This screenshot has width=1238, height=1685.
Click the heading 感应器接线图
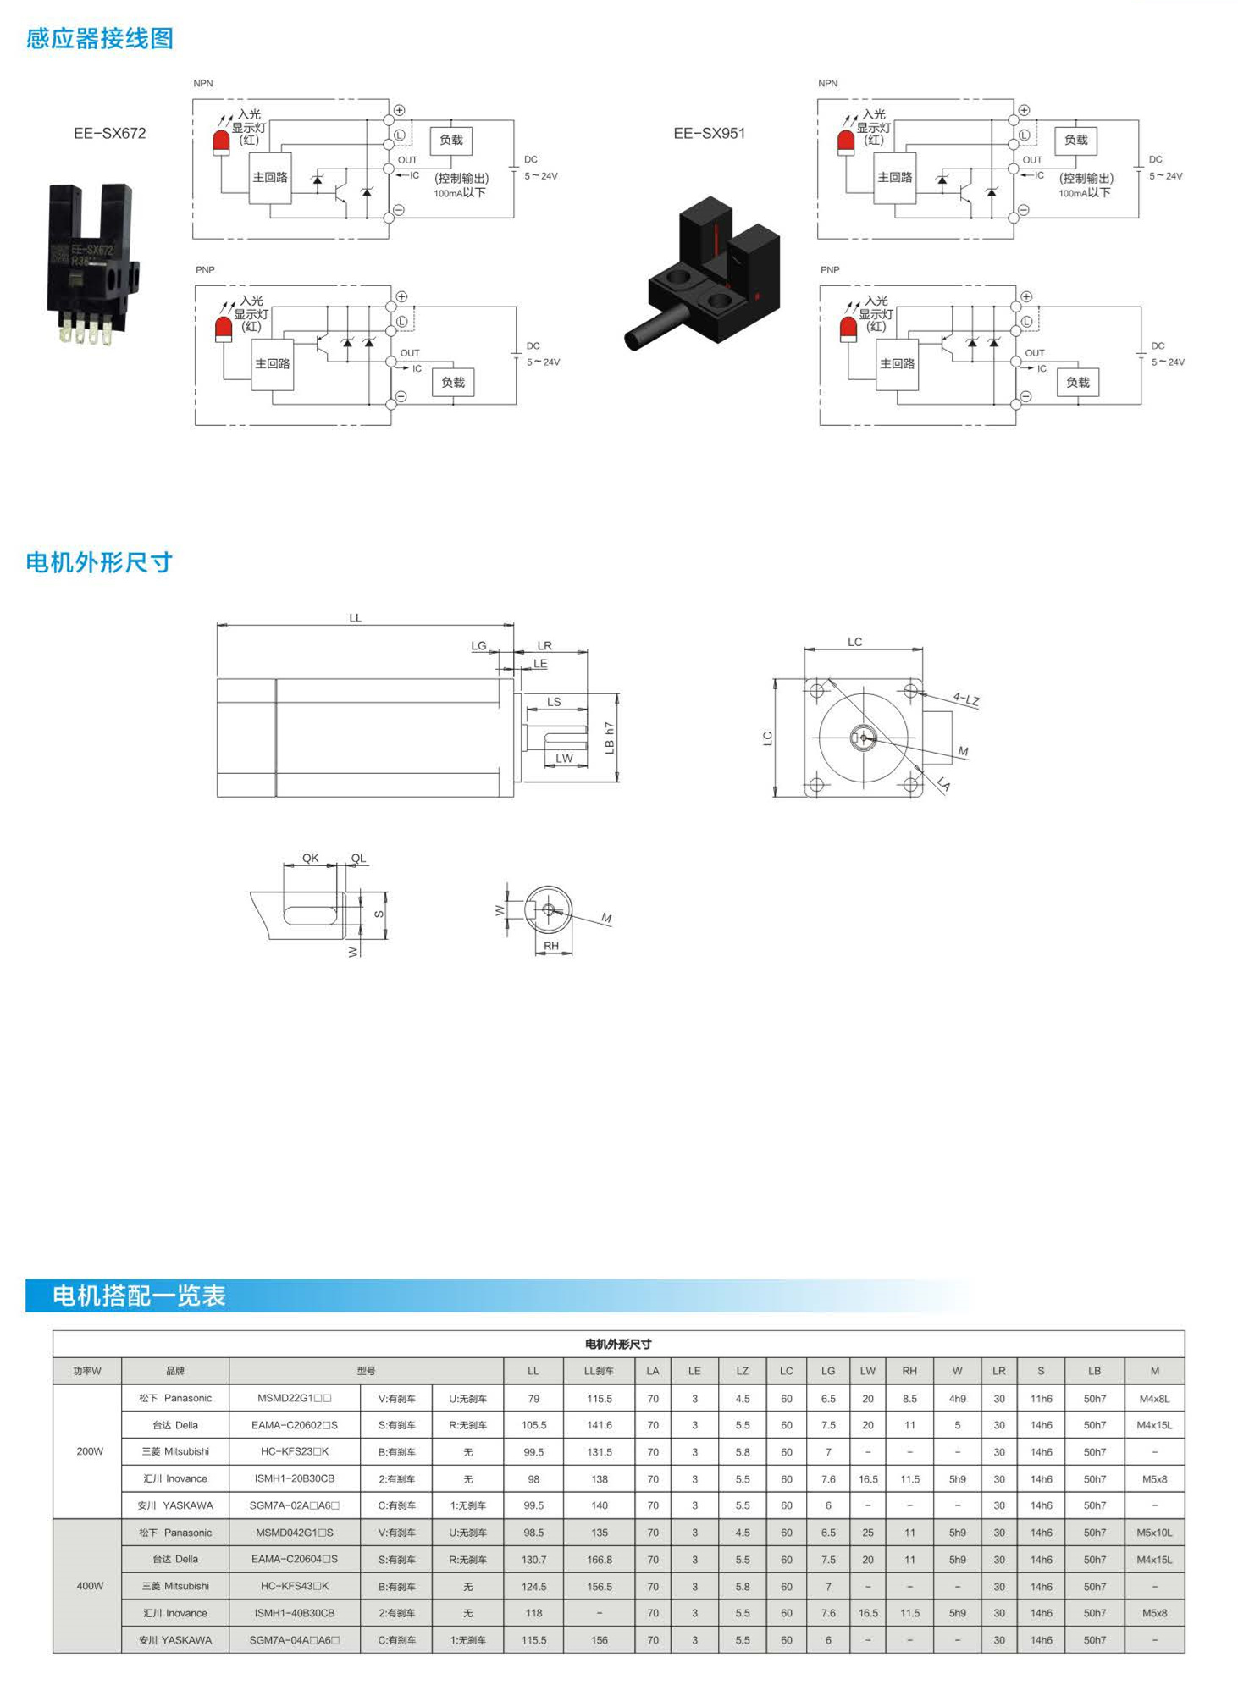coord(99,38)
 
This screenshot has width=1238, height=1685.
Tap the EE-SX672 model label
coord(110,133)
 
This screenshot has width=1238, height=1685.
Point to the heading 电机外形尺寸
coord(99,562)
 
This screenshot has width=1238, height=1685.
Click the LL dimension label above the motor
coord(356,618)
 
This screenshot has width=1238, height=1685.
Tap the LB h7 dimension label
coord(610,738)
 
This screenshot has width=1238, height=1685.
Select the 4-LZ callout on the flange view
coord(966,699)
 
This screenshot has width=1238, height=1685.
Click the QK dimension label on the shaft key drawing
coord(311,858)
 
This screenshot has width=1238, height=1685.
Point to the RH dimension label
coord(551,946)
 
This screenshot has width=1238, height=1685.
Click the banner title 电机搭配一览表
coord(139,1296)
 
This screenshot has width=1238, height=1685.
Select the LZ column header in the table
coord(743,1371)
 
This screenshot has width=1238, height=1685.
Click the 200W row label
coord(90,1451)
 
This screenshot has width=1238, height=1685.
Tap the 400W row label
coord(90,1586)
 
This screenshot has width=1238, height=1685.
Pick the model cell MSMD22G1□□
coord(295,1398)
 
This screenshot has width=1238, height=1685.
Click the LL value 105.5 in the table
coord(533,1425)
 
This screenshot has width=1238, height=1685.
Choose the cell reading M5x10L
coord(1154,1533)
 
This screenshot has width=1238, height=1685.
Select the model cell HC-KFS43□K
coord(295,1586)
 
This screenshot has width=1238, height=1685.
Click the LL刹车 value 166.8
coord(600,1560)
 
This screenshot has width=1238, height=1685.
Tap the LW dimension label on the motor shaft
coord(565,758)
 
